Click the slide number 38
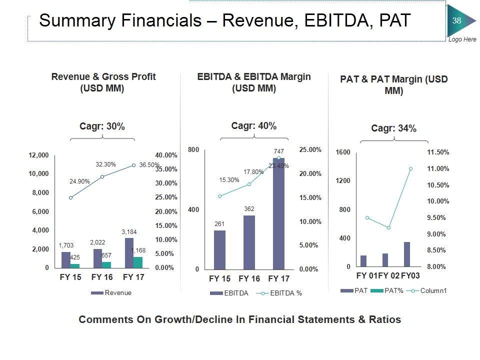pos(456,20)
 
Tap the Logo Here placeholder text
pos(462,39)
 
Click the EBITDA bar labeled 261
pos(219,249)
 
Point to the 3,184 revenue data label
pos(129,232)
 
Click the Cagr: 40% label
pos(254,126)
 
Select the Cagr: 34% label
pos(394,128)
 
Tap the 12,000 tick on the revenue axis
pos(39,155)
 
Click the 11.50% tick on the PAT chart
pos(438,152)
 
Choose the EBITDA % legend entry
pos(285,293)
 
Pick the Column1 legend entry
pos(433,290)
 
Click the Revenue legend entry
pos(118,293)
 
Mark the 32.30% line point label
pos(105,164)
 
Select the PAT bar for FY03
pos(407,254)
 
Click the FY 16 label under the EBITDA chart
pos(249,278)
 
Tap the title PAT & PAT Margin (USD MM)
pos(394,85)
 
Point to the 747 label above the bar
pos(278,151)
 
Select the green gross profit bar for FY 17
pos(137,262)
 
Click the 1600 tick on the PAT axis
pos(343,152)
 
